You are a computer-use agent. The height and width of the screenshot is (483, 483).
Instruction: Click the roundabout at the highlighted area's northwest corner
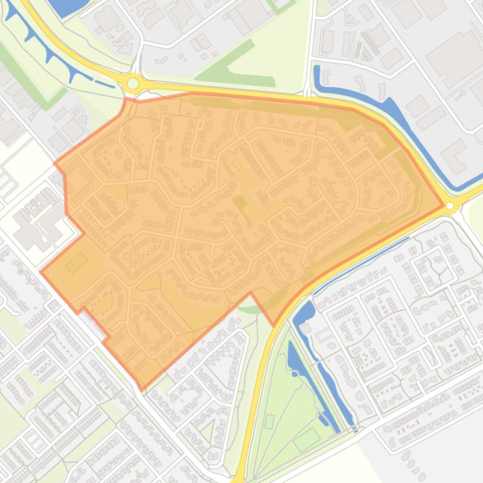(x=133, y=83)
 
